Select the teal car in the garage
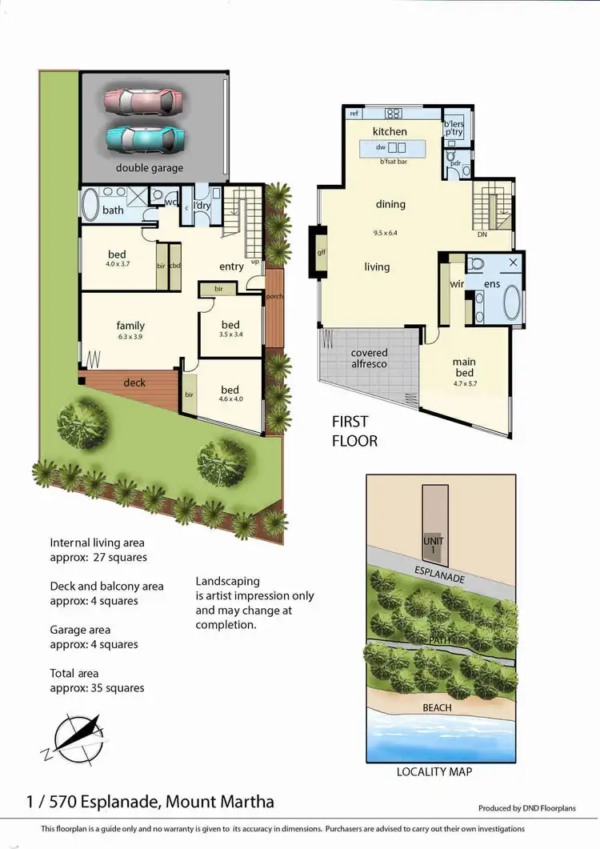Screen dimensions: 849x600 pos(142,138)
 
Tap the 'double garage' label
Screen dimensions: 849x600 pos(150,168)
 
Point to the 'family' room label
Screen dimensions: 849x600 pos(130,326)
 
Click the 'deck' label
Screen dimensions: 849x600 pos(134,382)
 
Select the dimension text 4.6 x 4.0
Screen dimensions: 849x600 pos(231,399)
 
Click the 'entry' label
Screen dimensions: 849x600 pos(231,266)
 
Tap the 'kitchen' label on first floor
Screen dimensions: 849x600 pos(390,131)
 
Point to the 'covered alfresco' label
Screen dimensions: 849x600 pos(369,358)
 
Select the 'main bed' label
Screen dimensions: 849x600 pos(465,366)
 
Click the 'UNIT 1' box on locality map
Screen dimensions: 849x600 pos(433,546)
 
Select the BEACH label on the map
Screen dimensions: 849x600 pos(437,707)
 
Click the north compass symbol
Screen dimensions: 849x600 pos(74,736)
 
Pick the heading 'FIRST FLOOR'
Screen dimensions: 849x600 pos(354,431)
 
